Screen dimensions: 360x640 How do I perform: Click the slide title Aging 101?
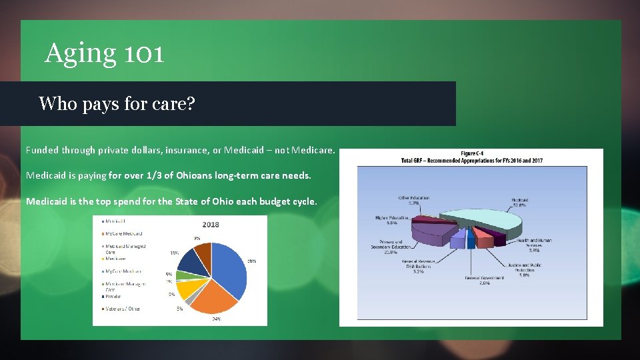pos(104,53)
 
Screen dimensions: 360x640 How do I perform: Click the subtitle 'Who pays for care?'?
pos(117,103)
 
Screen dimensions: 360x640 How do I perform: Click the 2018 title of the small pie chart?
pos(210,225)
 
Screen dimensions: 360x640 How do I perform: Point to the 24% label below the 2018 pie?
pos(216,319)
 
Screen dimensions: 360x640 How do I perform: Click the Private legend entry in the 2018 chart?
pos(113,296)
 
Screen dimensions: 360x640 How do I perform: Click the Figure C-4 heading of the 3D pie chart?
pos(471,155)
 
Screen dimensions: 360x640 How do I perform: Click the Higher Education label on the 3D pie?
pos(392,220)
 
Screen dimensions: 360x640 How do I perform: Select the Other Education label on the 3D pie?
pos(413,200)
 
